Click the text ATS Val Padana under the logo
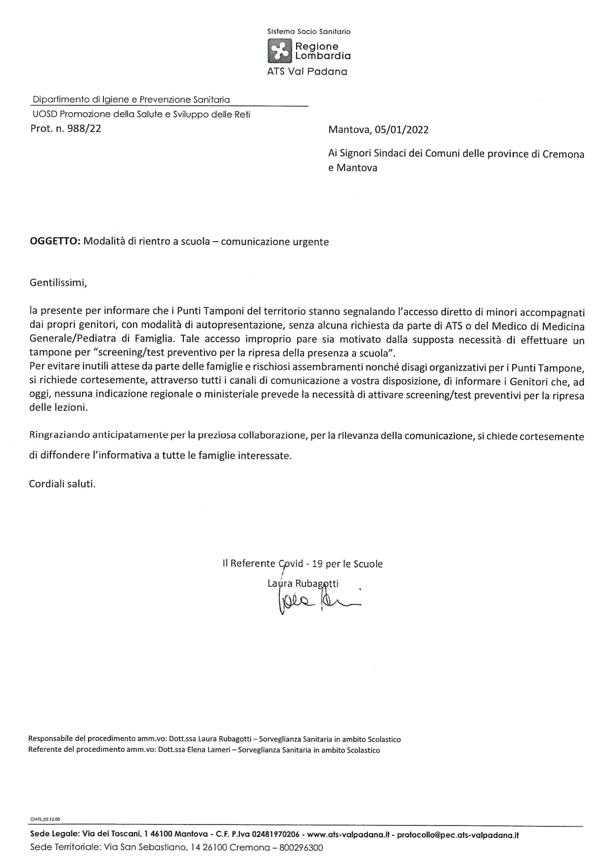[x=307, y=72]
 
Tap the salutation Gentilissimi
[x=58, y=283]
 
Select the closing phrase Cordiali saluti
[x=62, y=483]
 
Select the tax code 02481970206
[x=275, y=835]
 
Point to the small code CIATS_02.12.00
[x=45, y=819]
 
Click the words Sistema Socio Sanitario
[x=308, y=32]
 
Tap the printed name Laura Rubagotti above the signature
[x=303, y=583]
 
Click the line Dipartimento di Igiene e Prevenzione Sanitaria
[x=131, y=100]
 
